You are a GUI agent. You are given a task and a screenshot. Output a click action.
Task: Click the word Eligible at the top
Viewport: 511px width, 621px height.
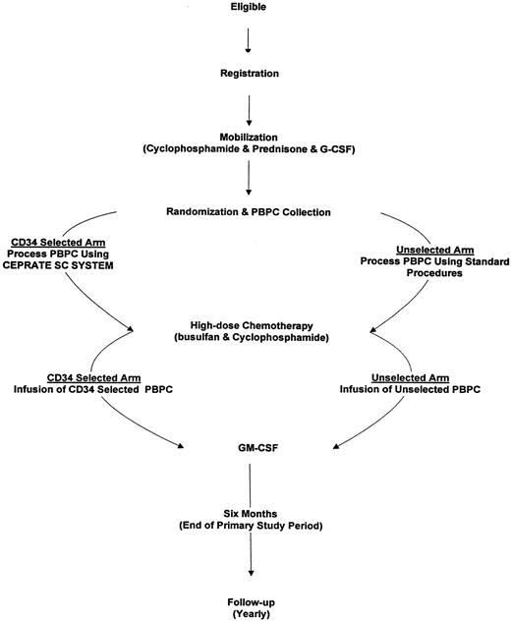(x=249, y=8)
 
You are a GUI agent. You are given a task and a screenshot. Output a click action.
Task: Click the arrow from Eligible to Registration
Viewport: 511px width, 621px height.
(x=249, y=39)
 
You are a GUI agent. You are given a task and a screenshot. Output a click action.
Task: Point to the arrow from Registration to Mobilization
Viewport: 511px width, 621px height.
(x=249, y=103)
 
